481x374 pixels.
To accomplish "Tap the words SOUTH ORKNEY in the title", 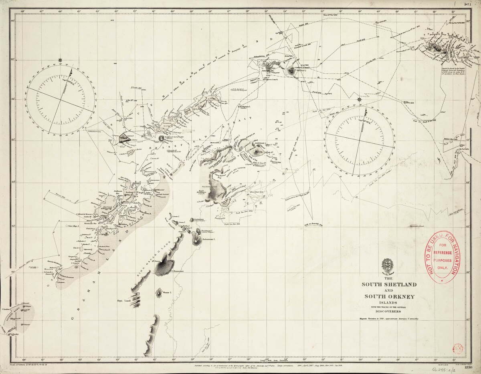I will pyautogui.click(x=389, y=297).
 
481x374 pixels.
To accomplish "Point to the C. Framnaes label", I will pyautogui.click(x=177, y=271).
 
